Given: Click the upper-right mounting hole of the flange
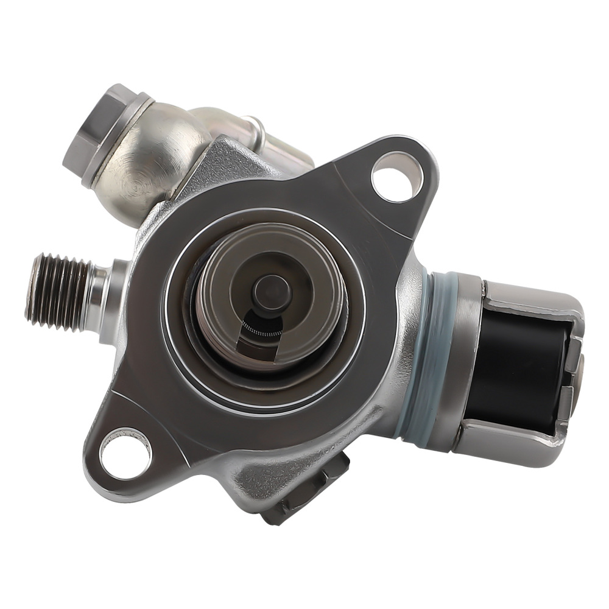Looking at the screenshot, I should click(x=398, y=177).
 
